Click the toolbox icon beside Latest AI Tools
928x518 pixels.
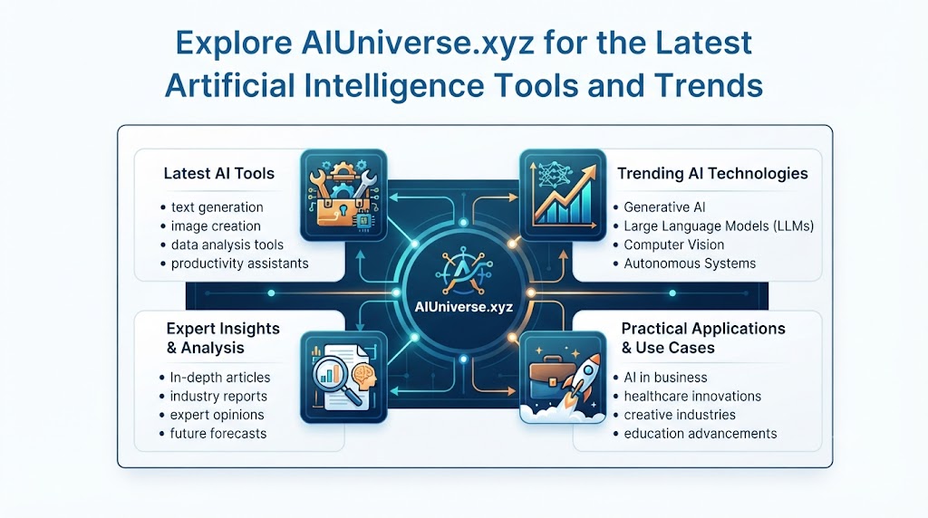[343, 195]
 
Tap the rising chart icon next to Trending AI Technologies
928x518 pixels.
[563, 195]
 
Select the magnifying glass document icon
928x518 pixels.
[343, 378]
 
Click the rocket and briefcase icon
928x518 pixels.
[563, 378]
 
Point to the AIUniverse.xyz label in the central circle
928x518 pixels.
[464, 307]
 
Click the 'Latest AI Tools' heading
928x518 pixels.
[219, 173]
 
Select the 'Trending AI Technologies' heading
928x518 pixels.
[712, 173]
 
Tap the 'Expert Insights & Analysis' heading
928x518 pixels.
[223, 338]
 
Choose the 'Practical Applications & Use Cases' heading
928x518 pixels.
[703, 338]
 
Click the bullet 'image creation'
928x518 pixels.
[216, 225]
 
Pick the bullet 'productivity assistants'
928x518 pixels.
[239, 264]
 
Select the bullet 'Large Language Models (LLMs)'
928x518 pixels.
[719, 225]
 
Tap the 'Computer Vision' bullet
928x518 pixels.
[673, 245]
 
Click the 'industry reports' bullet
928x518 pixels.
[218, 396]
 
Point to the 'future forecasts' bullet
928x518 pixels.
[217, 434]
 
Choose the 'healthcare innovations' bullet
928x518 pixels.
[692, 396]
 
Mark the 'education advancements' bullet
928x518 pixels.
[701, 434]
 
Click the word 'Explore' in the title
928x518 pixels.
[234, 43]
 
